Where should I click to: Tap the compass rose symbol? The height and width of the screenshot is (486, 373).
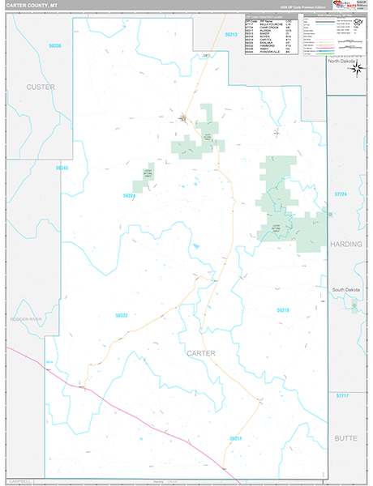[x=356, y=69]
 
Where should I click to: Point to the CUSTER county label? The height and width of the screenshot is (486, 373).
[x=40, y=87]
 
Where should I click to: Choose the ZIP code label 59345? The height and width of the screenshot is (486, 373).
[x=62, y=168]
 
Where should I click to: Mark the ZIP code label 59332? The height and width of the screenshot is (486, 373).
[x=122, y=315]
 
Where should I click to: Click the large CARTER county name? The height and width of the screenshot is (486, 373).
[x=201, y=354]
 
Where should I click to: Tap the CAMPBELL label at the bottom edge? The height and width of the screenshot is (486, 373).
[x=22, y=480]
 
